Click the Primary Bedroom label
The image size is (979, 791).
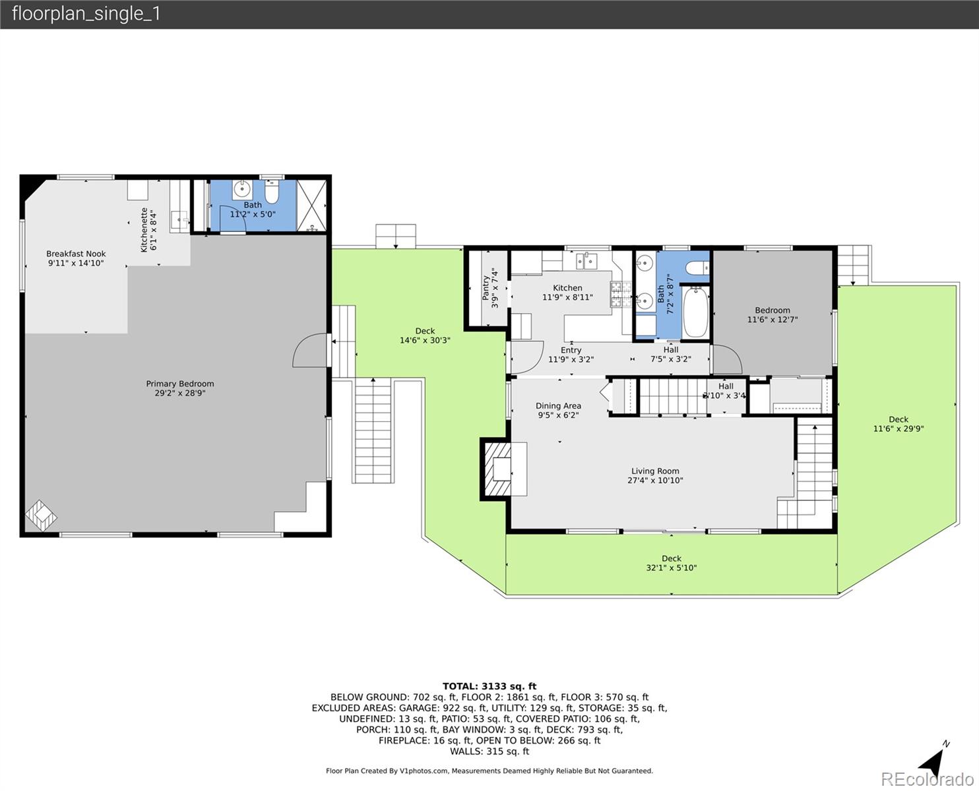pyautogui.click(x=179, y=388)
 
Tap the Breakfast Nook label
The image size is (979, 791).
pyautogui.click(x=76, y=258)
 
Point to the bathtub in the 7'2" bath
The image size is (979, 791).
pyautogui.click(x=695, y=312)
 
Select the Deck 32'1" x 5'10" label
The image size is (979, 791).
pyautogui.click(x=671, y=563)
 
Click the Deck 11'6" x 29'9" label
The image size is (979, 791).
pyautogui.click(x=898, y=424)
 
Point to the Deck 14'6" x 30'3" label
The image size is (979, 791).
pyautogui.click(x=425, y=336)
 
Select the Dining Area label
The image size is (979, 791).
pyautogui.click(x=558, y=410)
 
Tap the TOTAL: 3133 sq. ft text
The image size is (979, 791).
pyautogui.click(x=489, y=686)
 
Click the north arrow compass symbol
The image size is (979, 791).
pyautogui.click(x=932, y=761)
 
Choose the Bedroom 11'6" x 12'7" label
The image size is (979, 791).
pyautogui.click(x=772, y=315)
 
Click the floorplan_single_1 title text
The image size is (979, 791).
pyautogui.click(x=86, y=14)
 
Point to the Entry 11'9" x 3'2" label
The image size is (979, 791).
pyautogui.click(x=571, y=355)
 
